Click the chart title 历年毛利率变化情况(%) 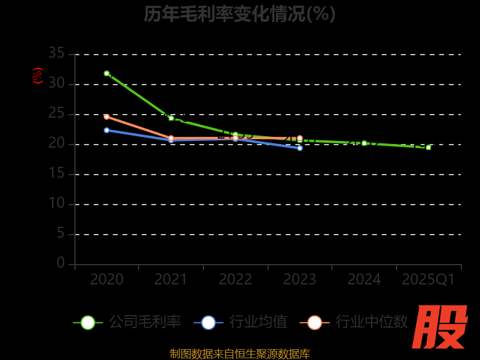click(239, 13)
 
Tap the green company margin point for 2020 click(107, 73)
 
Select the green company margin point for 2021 click(171, 118)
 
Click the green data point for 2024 click(364, 143)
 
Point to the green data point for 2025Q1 click(428, 147)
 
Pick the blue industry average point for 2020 click(107, 130)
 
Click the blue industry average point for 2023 click(300, 148)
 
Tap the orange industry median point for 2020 click(107, 116)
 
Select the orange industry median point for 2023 click(300, 138)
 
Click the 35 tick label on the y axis click(56, 53)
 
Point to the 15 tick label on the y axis click(56, 173)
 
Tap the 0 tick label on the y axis click(61, 263)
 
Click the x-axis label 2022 click(235, 280)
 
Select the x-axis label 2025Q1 click(428, 280)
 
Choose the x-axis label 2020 click(107, 280)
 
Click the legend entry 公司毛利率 click(127, 322)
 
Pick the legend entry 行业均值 click(241, 322)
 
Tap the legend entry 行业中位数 click(356, 322)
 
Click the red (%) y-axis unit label click(38, 76)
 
